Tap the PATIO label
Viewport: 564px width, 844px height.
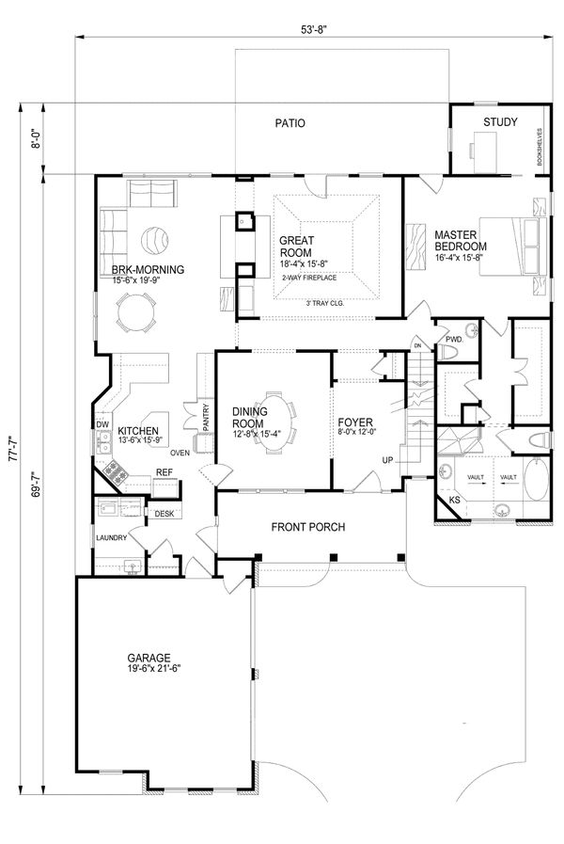290,123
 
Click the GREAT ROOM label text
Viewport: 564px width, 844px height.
297,247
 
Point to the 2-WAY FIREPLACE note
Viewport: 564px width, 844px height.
308,278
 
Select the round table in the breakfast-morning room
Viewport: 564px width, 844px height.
138,311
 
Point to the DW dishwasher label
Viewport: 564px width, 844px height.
102,425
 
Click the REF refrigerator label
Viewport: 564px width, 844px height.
164,472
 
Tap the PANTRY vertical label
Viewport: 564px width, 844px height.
206,415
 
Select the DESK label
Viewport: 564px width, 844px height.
164,514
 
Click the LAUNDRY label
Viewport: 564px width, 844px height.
111,538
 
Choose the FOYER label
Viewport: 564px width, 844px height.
356,422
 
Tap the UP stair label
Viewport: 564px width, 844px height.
386,460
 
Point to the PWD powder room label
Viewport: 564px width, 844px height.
453,339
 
